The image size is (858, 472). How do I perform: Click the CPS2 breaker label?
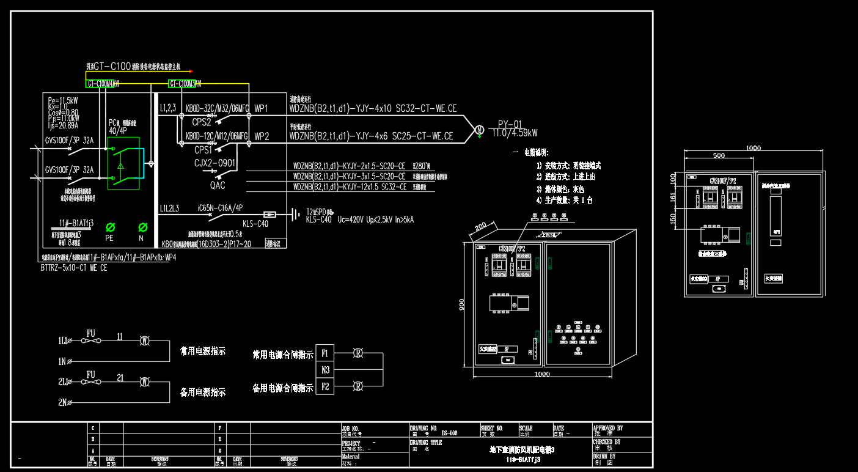[201, 122]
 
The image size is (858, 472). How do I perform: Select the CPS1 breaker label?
[203, 149]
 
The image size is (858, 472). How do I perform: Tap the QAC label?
[217, 185]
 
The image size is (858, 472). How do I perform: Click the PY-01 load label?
[510, 123]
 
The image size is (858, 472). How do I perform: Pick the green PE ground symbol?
[111, 227]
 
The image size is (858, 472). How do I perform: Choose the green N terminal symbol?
[142, 227]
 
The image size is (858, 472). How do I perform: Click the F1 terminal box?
[325, 353]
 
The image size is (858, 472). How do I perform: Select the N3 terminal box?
[325, 370]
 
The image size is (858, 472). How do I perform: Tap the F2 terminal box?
[325, 386]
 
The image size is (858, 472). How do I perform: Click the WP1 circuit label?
[262, 109]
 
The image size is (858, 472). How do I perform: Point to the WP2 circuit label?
[262, 136]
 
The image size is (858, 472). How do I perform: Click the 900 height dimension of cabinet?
[462, 304]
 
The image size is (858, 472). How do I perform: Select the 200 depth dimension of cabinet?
[482, 228]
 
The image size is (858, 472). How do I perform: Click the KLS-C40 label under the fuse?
[255, 223]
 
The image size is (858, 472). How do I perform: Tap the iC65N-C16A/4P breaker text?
[220, 208]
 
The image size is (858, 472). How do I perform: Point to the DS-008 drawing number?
[449, 433]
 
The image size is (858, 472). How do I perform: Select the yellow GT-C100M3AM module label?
[185, 83]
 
